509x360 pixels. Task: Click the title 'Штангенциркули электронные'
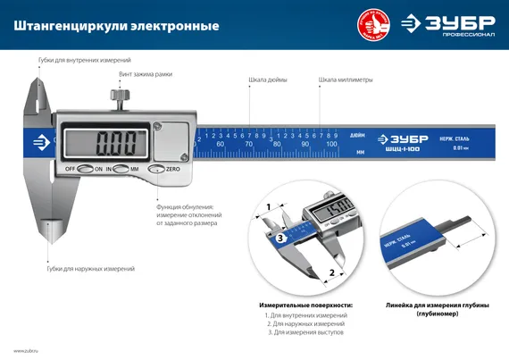point(116,26)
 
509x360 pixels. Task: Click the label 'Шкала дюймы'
point(267,80)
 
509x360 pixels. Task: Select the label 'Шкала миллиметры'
point(346,80)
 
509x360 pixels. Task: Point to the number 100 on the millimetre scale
point(331,144)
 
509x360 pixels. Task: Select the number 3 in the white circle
point(280,239)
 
